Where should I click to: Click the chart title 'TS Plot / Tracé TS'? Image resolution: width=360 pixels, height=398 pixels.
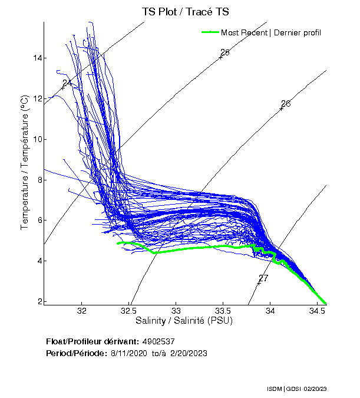pos(185,11)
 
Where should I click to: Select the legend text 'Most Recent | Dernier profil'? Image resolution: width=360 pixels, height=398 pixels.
pos(271,32)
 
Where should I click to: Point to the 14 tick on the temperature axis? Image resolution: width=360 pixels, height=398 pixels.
pos(37,58)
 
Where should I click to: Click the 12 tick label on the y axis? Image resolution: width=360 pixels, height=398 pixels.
pos(37,98)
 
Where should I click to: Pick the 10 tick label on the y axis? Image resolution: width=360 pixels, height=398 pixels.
pos(37,139)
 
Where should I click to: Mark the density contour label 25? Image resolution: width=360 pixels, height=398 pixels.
pos(224,53)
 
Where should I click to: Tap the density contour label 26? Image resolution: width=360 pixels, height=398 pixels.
pos(286,104)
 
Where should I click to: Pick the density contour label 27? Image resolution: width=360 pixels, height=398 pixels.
pos(263,278)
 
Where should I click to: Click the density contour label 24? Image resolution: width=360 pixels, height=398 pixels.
pos(67,83)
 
